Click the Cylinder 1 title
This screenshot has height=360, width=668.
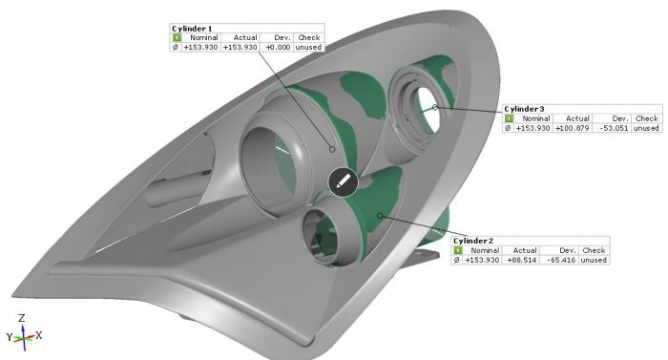(x=192, y=29)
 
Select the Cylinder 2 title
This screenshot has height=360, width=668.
(x=473, y=241)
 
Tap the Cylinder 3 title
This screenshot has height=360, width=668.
(x=524, y=109)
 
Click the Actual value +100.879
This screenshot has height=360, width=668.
(x=573, y=128)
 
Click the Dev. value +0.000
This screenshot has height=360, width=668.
(x=278, y=47)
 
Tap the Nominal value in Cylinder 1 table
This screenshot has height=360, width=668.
(x=200, y=47)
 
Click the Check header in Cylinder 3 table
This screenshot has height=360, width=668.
(x=647, y=118)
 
